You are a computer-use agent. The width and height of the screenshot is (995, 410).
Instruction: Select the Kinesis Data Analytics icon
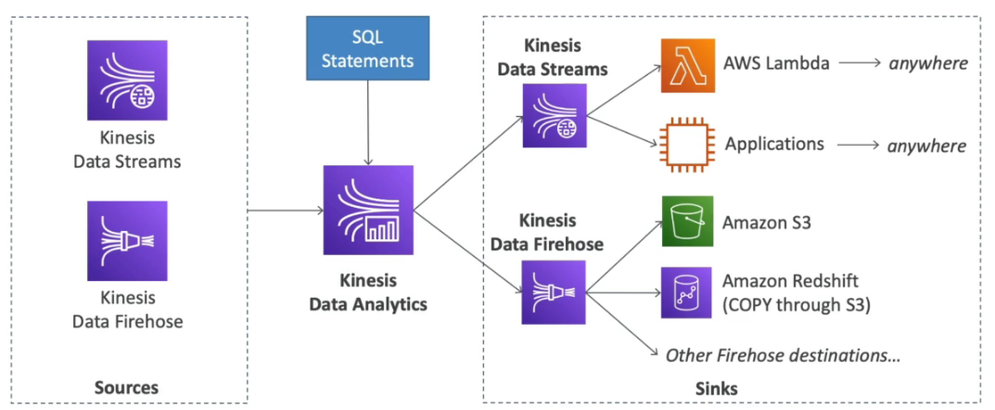tap(367, 211)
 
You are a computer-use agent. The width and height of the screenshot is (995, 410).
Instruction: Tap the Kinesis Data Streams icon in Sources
tap(127, 80)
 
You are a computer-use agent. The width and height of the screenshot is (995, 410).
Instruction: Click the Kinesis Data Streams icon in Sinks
tap(554, 116)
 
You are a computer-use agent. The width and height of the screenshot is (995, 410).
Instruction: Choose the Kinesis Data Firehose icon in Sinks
tap(554, 291)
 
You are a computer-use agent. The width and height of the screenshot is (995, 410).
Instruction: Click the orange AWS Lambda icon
tap(687, 65)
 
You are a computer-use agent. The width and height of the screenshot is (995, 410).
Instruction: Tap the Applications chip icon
tap(687, 145)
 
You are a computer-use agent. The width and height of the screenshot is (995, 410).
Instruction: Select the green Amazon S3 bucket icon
tap(687, 222)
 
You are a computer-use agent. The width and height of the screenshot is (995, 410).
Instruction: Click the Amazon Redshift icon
tap(687, 292)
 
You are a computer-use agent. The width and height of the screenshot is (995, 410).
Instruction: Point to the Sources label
tap(126, 387)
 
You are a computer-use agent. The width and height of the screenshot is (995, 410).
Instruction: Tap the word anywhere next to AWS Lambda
tap(928, 64)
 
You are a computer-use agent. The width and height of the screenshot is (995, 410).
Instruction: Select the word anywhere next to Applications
tap(928, 146)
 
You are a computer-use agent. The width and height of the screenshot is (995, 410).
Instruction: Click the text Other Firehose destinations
tap(785, 354)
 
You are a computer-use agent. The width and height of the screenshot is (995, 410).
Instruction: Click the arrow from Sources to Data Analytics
tap(284, 211)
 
